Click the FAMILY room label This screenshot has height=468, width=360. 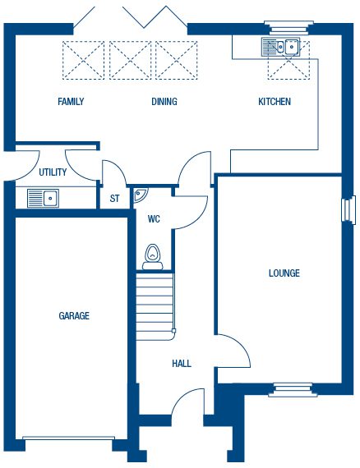tap(71, 102)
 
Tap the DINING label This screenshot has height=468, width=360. tap(164, 102)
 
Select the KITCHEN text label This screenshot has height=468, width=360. tap(275, 102)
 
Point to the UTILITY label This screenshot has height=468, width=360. tap(53, 172)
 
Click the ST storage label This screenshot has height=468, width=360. tap(114, 199)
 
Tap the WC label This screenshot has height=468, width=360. tap(154, 219)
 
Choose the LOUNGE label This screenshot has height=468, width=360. tap(284, 273)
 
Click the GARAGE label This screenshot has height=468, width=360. tap(74, 316)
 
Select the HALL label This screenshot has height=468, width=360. tap(182, 364)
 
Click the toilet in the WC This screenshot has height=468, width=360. tap(153, 257)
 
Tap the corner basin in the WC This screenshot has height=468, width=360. tap(140, 195)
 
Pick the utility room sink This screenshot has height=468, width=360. tap(43, 198)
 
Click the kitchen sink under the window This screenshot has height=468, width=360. tap(280, 47)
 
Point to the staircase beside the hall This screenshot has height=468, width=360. tap(155, 306)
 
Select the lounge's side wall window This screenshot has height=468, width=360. tap(348, 210)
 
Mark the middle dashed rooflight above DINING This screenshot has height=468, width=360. tap(130, 60)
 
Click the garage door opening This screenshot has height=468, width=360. tap(68, 438)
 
